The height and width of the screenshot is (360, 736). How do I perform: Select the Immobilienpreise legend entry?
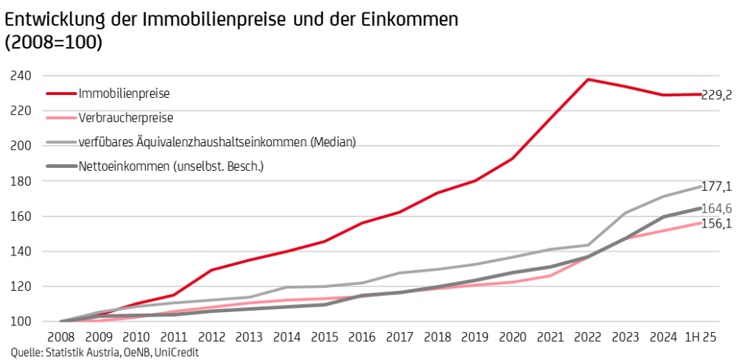[124, 93]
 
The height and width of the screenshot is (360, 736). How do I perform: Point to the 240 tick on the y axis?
[20, 75]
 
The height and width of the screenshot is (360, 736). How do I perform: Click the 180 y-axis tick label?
[20, 181]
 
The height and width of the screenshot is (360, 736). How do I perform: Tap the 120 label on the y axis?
[20, 286]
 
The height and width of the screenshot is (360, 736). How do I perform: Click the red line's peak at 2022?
[587, 79]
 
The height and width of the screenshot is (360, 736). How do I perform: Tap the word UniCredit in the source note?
[177, 353]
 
